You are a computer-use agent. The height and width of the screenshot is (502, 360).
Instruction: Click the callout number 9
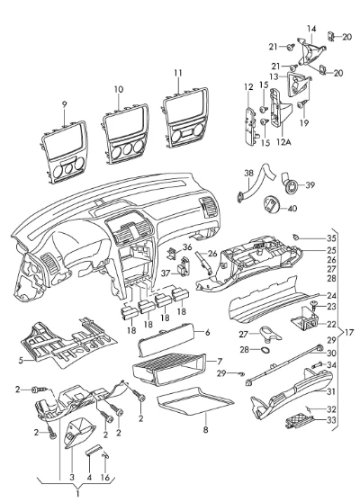click(x=65, y=104)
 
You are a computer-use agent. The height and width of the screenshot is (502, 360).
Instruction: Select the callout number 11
click(x=178, y=73)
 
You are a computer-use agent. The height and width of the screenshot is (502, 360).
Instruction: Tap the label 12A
click(x=283, y=142)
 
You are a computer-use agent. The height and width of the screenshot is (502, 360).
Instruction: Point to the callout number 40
click(x=292, y=209)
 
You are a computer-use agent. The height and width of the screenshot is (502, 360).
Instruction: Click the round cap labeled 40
click(x=272, y=205)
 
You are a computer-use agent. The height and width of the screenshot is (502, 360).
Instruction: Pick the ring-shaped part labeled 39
click(x=291, y=186)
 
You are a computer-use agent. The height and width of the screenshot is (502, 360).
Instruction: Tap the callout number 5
click(x=21, y=361)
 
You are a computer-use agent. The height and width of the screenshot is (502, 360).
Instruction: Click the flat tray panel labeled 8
click(x=195, y=401)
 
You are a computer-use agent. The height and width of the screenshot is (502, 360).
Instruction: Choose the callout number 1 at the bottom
click(x=77, y=494)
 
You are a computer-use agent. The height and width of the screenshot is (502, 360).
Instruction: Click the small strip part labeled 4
click(x=94, y=449)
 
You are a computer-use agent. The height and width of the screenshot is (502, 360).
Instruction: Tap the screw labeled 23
click(x=313, y=306)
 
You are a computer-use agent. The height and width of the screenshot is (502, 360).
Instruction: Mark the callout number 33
click(x=332, y=419)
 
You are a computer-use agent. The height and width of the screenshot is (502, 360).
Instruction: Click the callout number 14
click(x=311, y=29)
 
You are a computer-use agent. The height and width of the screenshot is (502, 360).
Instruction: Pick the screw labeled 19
click(x=302, y=104)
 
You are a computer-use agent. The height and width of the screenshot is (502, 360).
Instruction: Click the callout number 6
click(x=208, y=333)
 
